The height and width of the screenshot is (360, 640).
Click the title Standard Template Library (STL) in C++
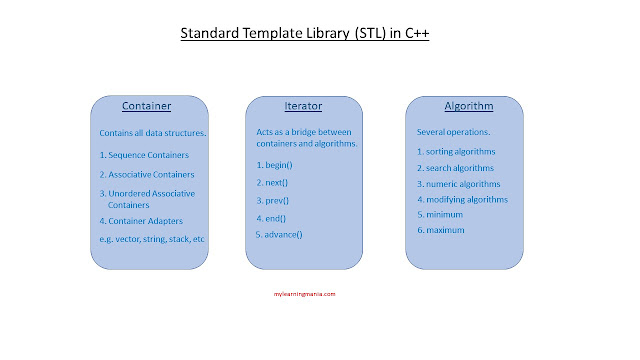tap(304, 33)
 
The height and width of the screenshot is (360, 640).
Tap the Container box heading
tap(147, 106)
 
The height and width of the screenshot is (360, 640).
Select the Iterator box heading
tap(303, 106)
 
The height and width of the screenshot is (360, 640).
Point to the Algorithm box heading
tap(469, 106)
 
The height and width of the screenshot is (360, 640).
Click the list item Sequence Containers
tap(144, 155)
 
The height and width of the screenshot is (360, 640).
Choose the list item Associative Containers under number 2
tap(147, 175)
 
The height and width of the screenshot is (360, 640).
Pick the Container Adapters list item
tap(141, 221)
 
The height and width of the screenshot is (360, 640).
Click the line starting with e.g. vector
tap(152, 239)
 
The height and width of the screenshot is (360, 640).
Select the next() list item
tap(272, 183)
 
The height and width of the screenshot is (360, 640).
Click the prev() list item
tap(272, 201)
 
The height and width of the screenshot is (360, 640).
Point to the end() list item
tap(271, 218)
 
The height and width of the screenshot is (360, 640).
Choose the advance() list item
tap(279, 235)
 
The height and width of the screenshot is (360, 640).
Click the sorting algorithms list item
tap(456, 152)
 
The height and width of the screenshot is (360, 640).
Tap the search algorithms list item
tap(455, 168)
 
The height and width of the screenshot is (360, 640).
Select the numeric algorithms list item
tap(458, 184)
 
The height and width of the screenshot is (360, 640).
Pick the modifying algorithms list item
tap(462, 200)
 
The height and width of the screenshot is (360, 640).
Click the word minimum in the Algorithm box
tap(444, 215)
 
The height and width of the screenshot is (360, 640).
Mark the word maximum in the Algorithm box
tap(445, 230)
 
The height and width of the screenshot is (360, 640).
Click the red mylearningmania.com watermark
tap(304, 294)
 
